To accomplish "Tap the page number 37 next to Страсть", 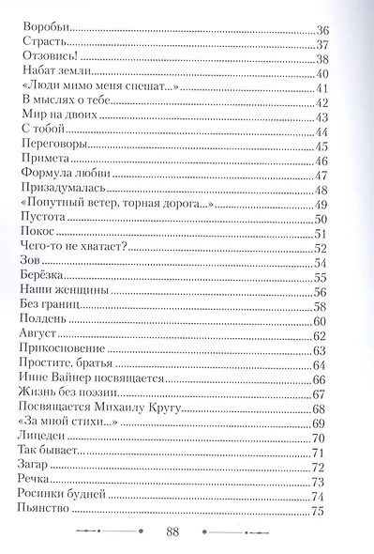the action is point(324,46).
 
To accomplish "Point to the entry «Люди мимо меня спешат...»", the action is point(98,89).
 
